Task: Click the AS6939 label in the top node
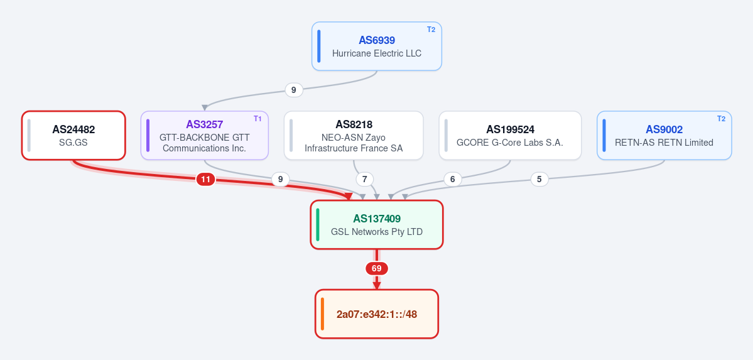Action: pos(377,40)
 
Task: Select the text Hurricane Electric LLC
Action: pos(377,53)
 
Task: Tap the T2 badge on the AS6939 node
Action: pos(431,30)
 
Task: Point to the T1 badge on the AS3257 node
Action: pos(258,119)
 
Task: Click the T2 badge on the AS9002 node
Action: pos(722,119)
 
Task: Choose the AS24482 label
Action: pos(73,130)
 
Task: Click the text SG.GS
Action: pos(73,143)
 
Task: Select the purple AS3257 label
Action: pos(205,124)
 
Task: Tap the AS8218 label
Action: pos(354,124)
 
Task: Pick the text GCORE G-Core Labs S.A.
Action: pos(510,143)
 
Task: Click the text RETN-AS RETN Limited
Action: pos(664,143)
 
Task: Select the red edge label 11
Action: pos(205,180)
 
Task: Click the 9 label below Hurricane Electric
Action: pos(294,90)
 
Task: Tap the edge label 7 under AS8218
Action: pos(364,180)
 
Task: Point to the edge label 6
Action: pos(452,180)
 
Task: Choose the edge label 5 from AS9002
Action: pos(539,180)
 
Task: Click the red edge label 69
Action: pos(377,269)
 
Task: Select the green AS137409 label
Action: pos(377,219)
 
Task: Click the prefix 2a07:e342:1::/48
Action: pos(377,314)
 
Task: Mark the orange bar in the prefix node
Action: pos(323,314)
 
